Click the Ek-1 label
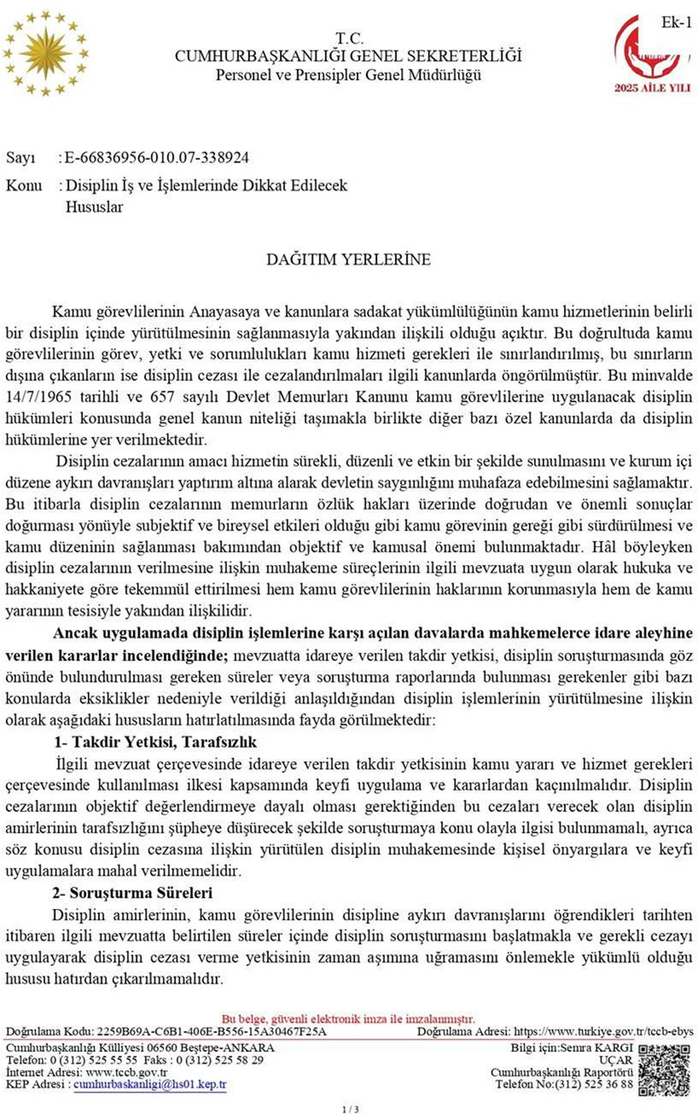(677, 23)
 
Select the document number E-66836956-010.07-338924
(156, 157)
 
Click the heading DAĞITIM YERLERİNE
(349, 260)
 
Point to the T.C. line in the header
(349, 38)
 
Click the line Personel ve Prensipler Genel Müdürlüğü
(349, 75)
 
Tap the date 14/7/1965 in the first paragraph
(39, 397)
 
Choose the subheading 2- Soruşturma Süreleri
(133, 893)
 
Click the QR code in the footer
(664, 1070)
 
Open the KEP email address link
(150, 1085)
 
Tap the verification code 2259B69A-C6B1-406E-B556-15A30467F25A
(211, 1032)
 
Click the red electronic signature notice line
(349, 1019)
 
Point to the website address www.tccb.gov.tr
(126, 1072)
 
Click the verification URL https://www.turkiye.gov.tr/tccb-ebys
(603, 1032)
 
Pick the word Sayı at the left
(21, 157)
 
